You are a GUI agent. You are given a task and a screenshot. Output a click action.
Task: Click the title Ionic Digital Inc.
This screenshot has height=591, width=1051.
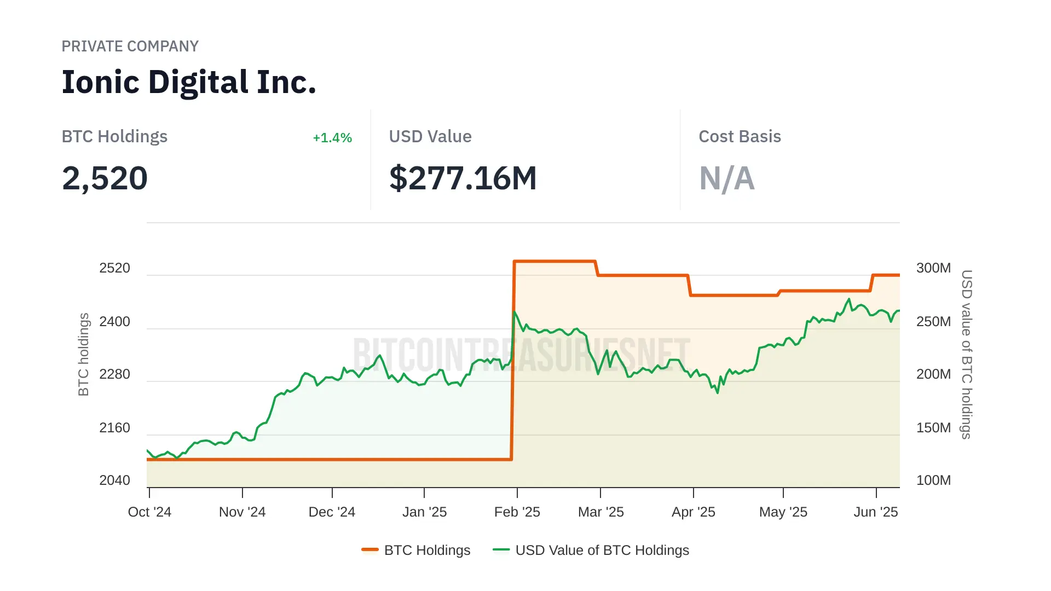(x=189, y=82)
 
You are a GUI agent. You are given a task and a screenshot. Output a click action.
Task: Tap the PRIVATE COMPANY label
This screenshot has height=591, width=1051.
(x=130, y=47)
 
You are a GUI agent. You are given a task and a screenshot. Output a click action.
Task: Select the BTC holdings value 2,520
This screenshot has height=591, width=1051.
(x=105, y=178)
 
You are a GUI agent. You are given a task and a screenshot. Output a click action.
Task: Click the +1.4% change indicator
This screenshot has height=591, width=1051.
(x=332, y=138)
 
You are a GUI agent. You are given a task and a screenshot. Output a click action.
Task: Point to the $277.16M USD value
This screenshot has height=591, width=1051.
(x=463, y=178)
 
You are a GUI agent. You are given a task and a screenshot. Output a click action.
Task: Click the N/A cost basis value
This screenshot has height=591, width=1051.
(x=726, y=178)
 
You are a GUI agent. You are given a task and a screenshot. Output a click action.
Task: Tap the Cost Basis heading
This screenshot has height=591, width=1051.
(x=740, y=137)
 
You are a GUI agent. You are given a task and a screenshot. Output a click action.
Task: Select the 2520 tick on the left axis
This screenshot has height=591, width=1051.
(x=114, y=268)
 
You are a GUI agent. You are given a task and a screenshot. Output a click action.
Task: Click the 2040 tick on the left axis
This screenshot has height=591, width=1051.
(x=114, y=480)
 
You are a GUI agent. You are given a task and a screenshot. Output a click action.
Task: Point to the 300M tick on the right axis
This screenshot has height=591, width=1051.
(x=933, y=268)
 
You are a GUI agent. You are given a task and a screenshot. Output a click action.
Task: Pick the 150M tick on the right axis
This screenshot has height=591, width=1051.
(x=933, y=428)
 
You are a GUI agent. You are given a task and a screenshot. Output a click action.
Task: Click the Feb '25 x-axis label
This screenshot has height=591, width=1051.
(x=517, y=512)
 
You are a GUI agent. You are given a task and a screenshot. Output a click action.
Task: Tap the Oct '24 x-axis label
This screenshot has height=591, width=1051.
(x=149, y=512)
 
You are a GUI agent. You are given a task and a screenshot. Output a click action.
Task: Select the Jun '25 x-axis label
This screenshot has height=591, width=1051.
(x=876, y=512)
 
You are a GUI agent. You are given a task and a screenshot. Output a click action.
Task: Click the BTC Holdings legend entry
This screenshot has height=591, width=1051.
(x=427, y=551)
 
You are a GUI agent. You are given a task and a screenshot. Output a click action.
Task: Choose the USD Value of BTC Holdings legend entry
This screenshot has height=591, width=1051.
(x=602, y=551)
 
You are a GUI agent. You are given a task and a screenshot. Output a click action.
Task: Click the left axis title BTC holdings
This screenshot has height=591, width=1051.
(x=83, y=355)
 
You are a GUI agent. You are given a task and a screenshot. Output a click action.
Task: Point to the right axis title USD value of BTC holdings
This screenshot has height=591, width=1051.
(x=967, y=355)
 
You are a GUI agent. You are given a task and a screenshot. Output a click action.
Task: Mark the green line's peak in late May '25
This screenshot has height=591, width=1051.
(x=849, y=299)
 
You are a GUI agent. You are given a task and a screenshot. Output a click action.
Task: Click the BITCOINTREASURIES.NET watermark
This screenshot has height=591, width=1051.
(x=521, y=355)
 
